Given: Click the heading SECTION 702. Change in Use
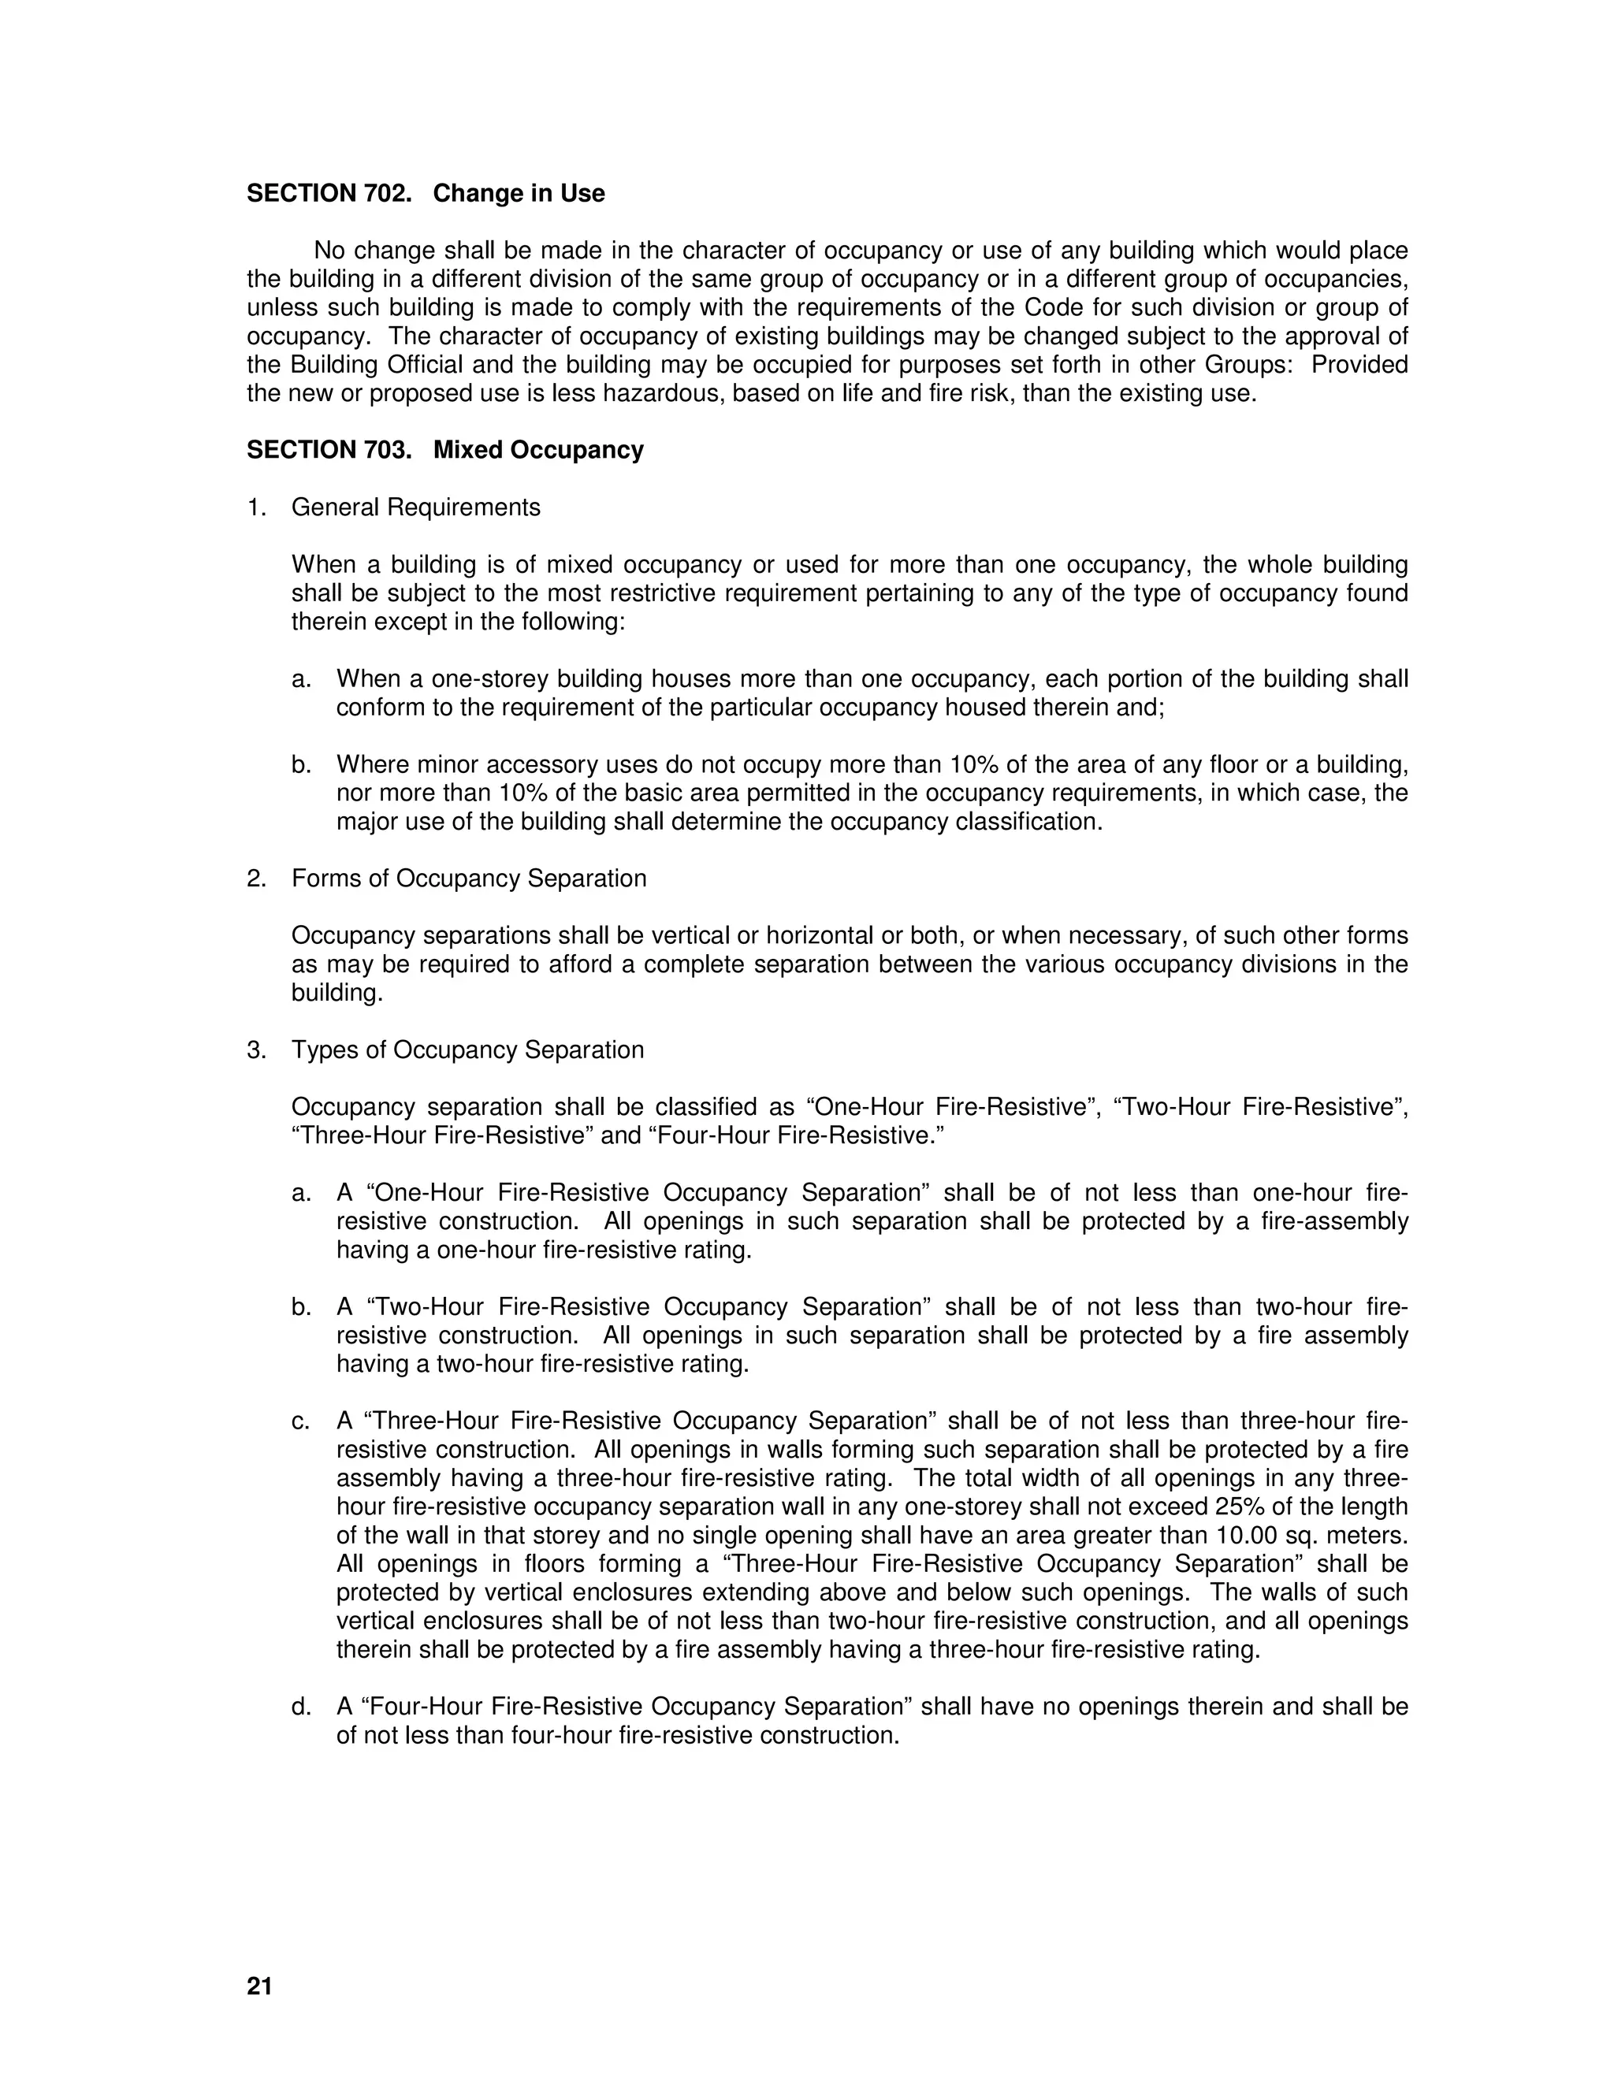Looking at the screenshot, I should click(x=426, y=193).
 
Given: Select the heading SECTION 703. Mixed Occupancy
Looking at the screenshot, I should click(x=444, y=449).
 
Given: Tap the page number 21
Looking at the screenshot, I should click(x=259, y=1986).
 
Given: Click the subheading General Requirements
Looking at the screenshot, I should click(x=415, y=507).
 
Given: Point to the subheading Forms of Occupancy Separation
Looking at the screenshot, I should click(x=469, y=879).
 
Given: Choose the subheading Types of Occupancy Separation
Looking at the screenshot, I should click(x=467, y=1050).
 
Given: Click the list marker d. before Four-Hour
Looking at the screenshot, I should click(x=301, y=1707).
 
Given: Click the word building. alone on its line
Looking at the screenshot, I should click(x=337, y=994).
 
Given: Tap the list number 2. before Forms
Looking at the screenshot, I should click(x=256, y=879).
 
